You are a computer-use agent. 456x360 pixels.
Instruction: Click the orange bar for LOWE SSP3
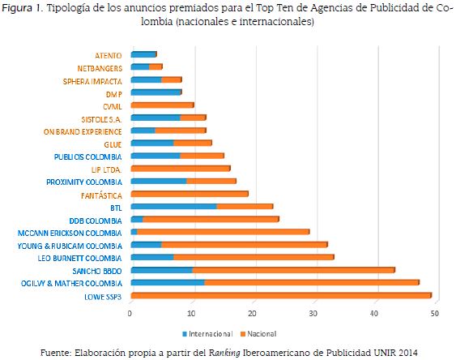pos(281,295)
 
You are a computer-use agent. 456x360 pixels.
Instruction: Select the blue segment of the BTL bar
pos(173,207)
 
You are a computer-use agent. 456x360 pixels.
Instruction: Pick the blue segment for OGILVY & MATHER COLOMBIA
pos(167,282)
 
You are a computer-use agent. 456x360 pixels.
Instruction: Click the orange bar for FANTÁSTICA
pos(189,194)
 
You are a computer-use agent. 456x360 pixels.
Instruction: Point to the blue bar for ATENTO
pos(143,54)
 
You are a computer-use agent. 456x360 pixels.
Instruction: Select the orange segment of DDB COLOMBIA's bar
pos(210,219)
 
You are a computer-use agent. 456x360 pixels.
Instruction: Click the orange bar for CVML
pos(162,105)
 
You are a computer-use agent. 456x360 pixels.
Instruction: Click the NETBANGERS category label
pos(99,67)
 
